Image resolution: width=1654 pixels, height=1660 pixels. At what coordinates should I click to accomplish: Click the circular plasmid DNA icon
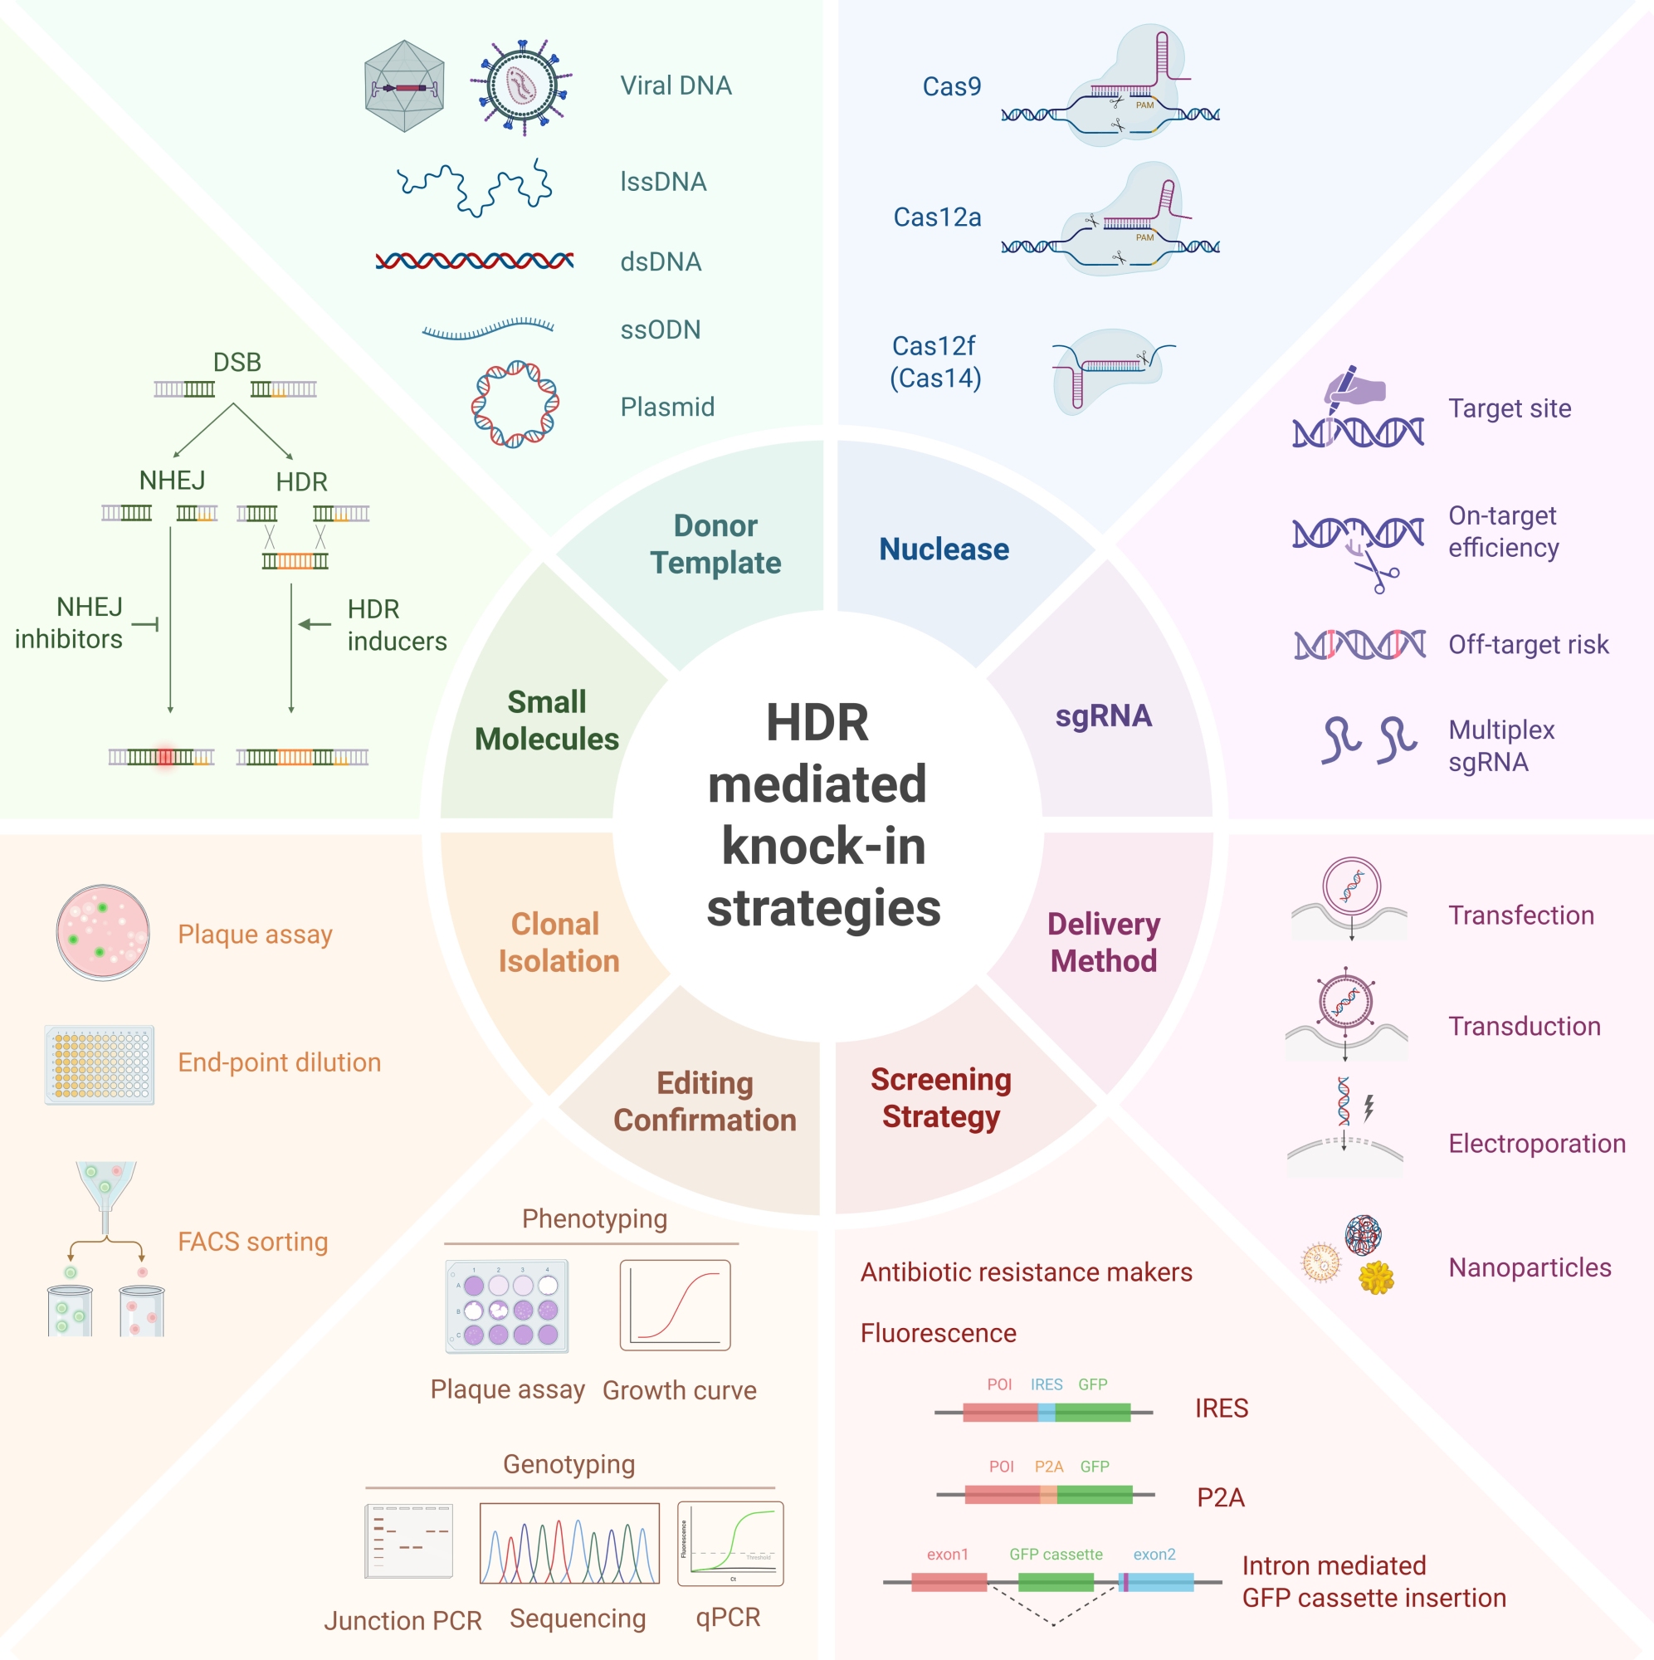click(x=515, y=404)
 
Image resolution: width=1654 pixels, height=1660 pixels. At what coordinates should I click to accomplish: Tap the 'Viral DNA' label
click(x=676, y=86)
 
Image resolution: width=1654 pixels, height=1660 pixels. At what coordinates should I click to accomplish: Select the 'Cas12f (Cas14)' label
click(x=934, y=362)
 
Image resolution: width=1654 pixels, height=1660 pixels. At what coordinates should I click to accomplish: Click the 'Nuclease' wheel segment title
click(x=944, y=549)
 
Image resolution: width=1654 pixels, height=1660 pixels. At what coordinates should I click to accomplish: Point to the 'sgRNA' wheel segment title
click(x=1103, y=715)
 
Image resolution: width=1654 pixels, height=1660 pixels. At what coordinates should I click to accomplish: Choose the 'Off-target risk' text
click(x=1528, y=644)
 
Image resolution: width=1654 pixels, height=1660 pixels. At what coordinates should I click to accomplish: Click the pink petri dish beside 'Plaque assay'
click(x=103, y=932)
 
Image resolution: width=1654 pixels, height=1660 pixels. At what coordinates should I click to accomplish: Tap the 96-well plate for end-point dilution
click(x=100, y=1064)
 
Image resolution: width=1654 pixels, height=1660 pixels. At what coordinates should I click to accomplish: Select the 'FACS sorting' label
click(x=252, y=1242)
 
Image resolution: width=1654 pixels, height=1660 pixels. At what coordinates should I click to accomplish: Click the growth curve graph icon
click(x=676, y=1304)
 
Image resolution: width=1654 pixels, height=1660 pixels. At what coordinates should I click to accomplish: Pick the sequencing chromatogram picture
click(x=569, y=1543)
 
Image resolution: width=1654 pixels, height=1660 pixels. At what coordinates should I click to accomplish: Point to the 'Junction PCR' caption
click(x=403, y=1620)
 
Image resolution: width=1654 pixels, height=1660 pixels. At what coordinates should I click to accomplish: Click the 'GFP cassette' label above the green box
click(x=1055, y=1555)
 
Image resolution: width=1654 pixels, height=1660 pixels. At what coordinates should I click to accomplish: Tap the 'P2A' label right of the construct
click(x=1220, y=1497)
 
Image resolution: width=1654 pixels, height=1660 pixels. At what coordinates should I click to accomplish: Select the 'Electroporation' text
click(x=1536, y=1144)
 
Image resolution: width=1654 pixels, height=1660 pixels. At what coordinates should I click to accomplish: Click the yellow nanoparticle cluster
click(x=1376, y=1277)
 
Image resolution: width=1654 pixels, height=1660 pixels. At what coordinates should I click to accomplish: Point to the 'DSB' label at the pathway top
click(x=237, y=362)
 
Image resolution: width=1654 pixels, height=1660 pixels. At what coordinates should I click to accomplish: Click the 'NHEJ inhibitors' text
click(x=69, y=623)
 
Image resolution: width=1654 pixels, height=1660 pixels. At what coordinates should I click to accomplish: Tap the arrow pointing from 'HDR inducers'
click(x=315, y=625)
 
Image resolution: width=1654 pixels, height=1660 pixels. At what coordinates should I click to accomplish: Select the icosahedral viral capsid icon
click(x=405, y=86)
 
